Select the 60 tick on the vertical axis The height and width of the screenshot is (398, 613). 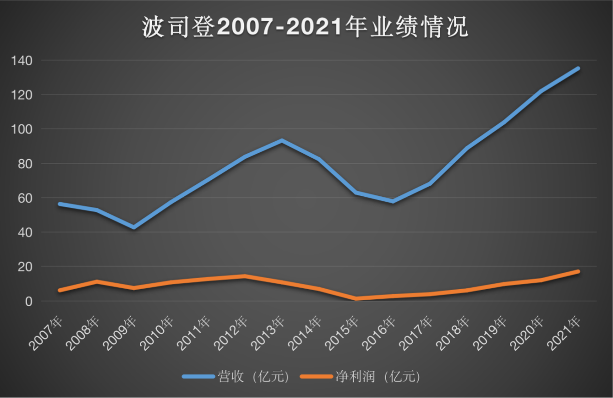click(x=25, y=198)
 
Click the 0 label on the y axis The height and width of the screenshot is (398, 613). click(x=29, y=301)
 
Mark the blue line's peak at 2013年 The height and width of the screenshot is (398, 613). click(x=282, y=141)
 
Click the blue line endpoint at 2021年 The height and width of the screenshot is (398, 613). click(x=578, y=69)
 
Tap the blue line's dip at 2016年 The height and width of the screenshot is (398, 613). click(x=393, y=201)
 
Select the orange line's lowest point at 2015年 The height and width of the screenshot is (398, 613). click(x=356, y=298)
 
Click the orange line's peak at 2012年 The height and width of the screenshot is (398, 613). click(x=245, y=276)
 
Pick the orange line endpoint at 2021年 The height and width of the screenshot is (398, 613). click(x=578, y=271)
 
